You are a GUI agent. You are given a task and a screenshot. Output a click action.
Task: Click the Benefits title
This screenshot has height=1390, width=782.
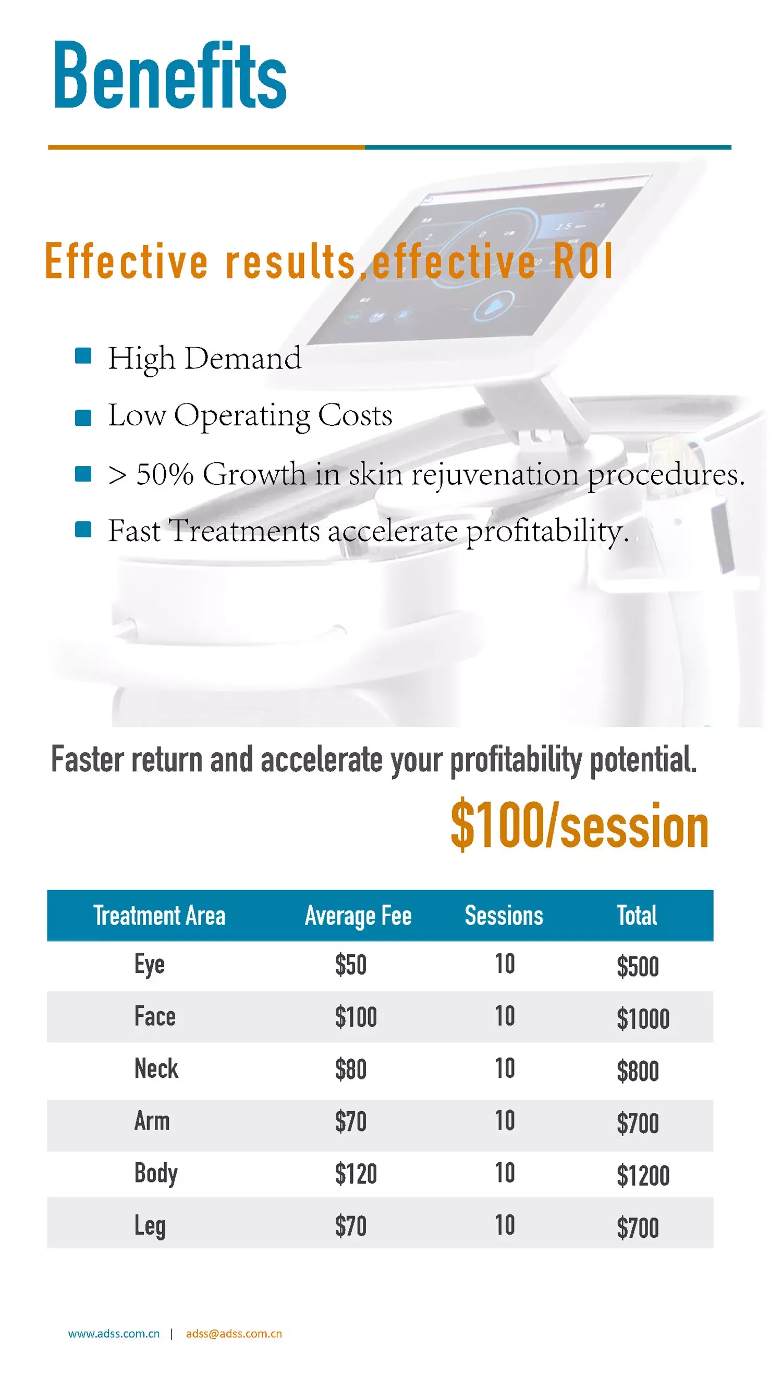pos(170,76)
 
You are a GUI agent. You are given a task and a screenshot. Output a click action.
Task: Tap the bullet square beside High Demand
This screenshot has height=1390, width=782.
pos(82,356)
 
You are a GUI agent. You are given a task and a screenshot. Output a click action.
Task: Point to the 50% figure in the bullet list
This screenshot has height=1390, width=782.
pos(165,474)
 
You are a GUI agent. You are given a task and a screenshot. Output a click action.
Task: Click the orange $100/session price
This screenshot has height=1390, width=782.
pos(579,826)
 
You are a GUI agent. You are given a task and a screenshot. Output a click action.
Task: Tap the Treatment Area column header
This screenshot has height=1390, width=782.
pos(159,916)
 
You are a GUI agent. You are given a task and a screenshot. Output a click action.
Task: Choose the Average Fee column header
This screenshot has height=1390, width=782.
pos(358,916)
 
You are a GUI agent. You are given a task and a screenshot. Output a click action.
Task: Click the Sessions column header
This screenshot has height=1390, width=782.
pos(504,916)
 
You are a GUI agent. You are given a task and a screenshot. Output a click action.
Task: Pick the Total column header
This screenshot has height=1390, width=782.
pos(637,916)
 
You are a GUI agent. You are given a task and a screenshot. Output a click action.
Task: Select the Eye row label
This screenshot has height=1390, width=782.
pos(149,965)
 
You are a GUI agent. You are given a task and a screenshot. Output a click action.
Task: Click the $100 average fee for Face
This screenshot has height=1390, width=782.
pos(356,1017)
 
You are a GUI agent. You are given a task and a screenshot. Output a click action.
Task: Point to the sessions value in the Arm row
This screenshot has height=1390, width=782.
pos(505,1121)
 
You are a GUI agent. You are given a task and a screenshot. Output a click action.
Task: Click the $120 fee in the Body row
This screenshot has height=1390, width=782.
pos(356,1174)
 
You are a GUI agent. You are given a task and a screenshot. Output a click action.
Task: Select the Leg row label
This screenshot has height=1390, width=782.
pos(150,1226)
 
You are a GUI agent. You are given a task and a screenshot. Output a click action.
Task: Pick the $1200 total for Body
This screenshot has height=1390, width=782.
pos(643,1176)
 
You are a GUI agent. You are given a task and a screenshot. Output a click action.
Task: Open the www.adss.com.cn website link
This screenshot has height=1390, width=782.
pos(114,1333)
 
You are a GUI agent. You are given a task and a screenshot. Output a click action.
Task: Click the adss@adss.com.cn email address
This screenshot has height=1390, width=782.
pos(234,1333)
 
